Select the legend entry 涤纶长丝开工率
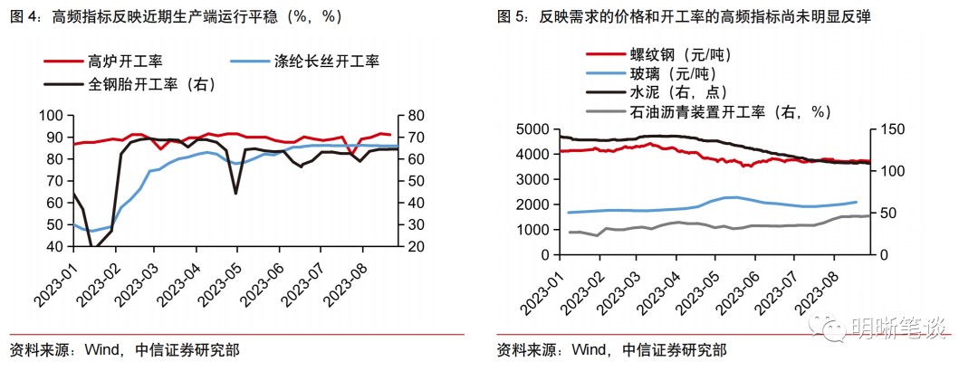pos(326,62)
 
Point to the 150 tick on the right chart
pos(890,128)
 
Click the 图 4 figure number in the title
pos(21,16)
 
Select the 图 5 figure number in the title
pos(509,16)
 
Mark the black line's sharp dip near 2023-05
pos(235,193)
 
